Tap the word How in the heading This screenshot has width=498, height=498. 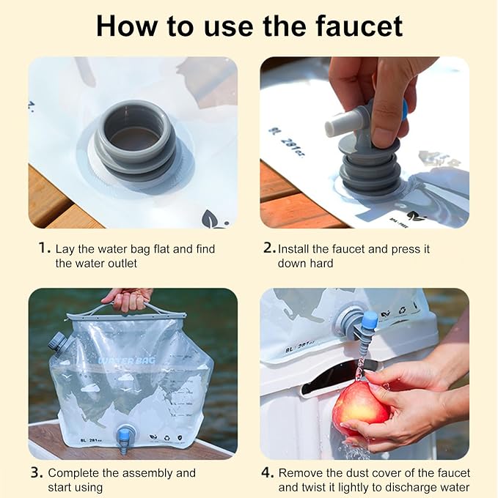pyautogui.click(x=125, y=26)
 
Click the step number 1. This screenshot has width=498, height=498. pyautogui.click(x=44, y=248)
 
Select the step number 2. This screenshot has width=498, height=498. pyautogui.click(x=269, y=248)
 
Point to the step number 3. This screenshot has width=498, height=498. pyautogui.click(x=37, y=472)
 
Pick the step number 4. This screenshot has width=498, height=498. pyautogui.click(x=268, y=472)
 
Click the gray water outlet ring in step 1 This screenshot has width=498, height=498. pyautogui.click(x=136, y=140)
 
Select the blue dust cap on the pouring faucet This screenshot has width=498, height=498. pyautogui.click(x=369, y=321)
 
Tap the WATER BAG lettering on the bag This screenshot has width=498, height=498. pyautogui.click(x=127, y=360)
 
